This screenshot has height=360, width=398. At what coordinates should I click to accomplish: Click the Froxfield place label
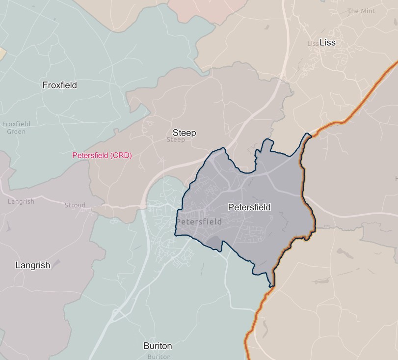pyautogui.click(x=59, y=85)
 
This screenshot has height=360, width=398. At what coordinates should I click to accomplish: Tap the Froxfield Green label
pyautogui.click(x=16, y=128)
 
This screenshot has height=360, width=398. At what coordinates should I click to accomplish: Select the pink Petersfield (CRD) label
pyautogui.click(x=102, y=155)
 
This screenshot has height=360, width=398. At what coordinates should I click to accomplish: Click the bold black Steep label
pyautogui.click(x=184, y=133)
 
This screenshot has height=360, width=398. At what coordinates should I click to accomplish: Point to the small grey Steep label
pyautogui.click(x=176, y=140)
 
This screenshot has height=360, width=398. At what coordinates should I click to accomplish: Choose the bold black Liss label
pyautogui.click(x=327, y=42)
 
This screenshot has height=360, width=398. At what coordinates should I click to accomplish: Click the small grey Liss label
pyautogui.click(x=313, y=44)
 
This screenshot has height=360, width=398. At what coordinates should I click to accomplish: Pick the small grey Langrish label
pyautogui.click(x=21, y=202)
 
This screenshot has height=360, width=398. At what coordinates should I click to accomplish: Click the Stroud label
pyautogui.click(x=75, y=205)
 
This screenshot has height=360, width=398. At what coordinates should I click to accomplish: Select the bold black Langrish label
pyautogui.click(x=32, y=265)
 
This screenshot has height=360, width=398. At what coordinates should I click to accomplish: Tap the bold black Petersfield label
pyautogui.click(x=249, y=207)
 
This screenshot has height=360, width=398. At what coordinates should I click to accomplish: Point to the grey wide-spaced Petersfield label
pyautogui.click(x=199, y=222)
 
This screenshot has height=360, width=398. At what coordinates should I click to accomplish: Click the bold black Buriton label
pyautogui.click(x=158, y=346)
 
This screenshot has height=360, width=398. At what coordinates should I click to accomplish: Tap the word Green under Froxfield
pyautogui.click(x=16, y=132)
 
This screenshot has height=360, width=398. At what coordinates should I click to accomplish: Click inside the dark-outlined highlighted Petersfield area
pyautogui.click(x=275, y=231)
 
